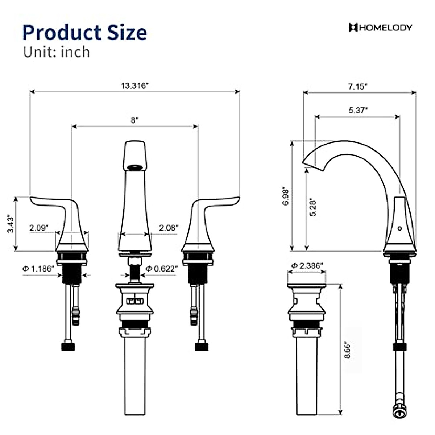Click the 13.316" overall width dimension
(135, 86)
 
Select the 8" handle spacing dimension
(135, 120)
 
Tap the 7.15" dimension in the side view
(358, 87)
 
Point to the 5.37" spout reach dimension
(358, 110)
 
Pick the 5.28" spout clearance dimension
(313, 208)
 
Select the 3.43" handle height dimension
(11, 224)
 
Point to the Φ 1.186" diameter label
(38, 269)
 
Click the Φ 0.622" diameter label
(162, 269)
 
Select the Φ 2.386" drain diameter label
(307, 266)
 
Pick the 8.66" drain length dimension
(347, 350)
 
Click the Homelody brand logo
(380, 28)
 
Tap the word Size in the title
(127, 33)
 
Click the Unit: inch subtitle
(57, 52)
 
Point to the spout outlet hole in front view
(135, 167)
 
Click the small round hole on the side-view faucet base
(399, 228)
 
